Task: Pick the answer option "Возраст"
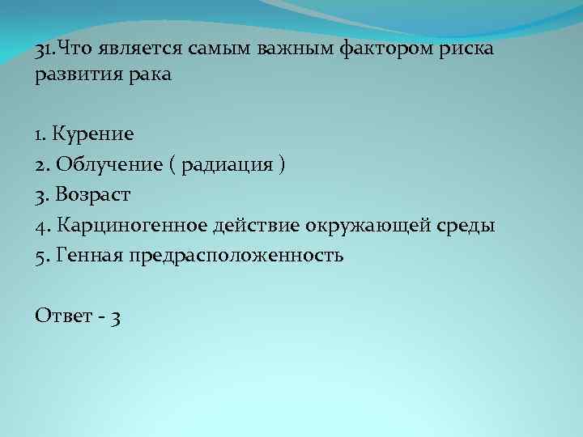point(94,194)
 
